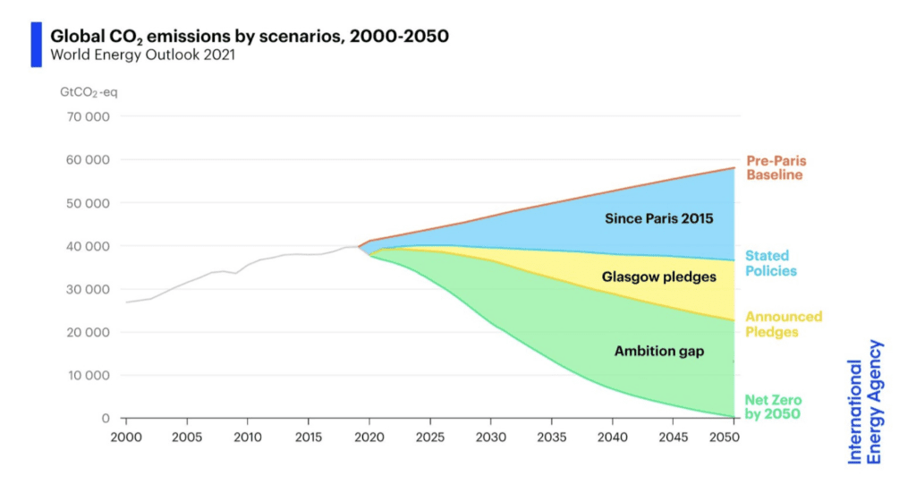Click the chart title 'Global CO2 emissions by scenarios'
[x=250, y=36]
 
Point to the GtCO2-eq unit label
[x=89, y=92]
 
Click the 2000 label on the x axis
[x=126, y=437]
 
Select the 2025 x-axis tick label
[x=430, y=437]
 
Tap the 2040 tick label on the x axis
[x=613, y=437]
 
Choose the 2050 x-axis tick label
[x=734, y=437]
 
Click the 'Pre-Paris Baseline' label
[x=775, y=167]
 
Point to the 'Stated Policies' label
[x=770, y=263]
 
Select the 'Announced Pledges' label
[x=784, y=324]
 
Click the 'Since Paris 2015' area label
[x=659, y=217]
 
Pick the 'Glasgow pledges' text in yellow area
[x=660, y=277]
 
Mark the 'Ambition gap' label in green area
[x=659, y=352]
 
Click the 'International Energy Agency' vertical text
[x=865, y=402]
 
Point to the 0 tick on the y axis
[x=105, y=419]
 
